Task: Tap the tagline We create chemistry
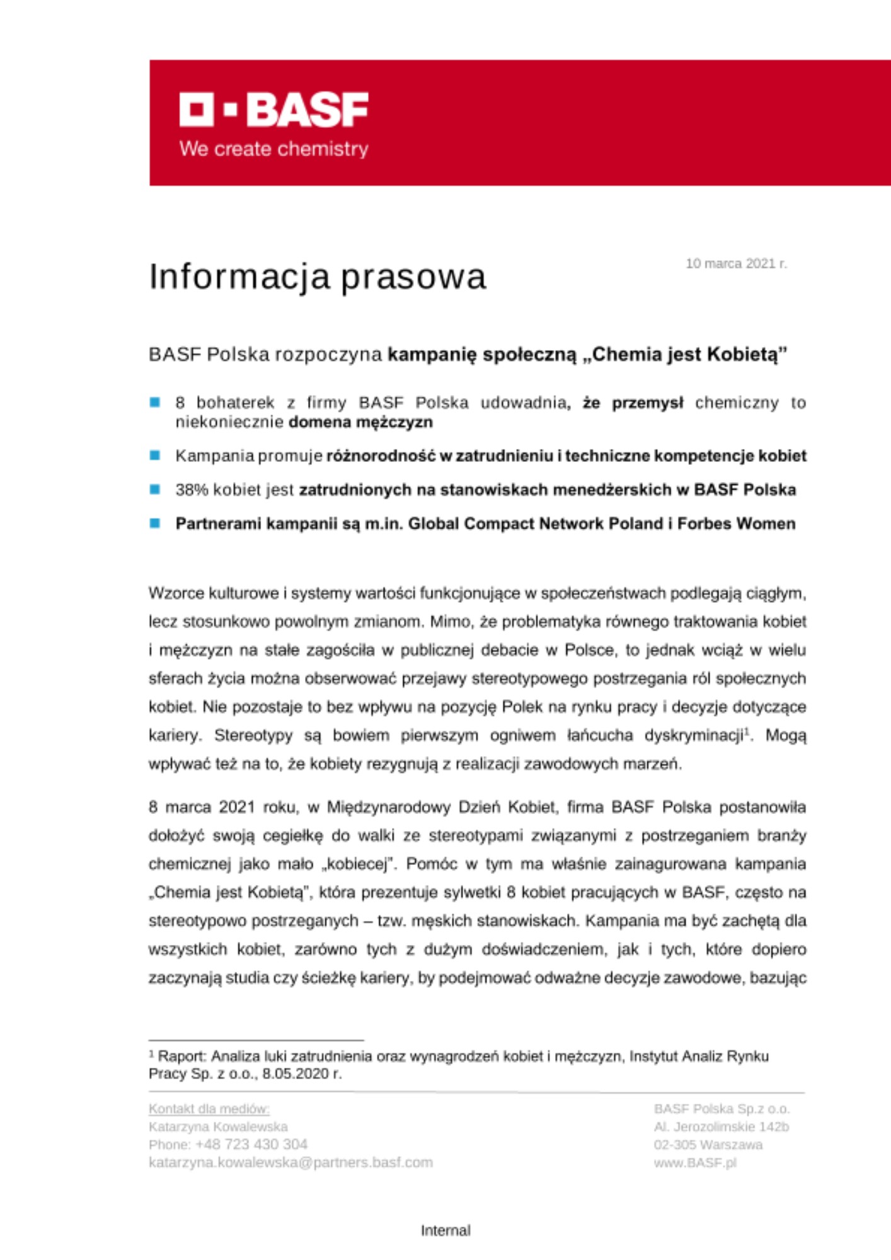pyautogui.click(x=274, y=149)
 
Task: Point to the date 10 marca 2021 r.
pyautogui.click(x=736, y=263)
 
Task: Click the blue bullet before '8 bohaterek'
pyautogui.click(x=155, y=403)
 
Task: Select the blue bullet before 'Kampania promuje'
pyautogui.click(x=155, y=455)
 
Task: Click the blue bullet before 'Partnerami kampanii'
pyautogui.click(x=155, y=523)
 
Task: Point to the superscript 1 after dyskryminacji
pyautogui.click(x=747, y=731)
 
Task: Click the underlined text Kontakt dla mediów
pyautogui.click(x=209, y=1109)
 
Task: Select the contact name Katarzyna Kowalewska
pyautogui.click(x=218, y=1126)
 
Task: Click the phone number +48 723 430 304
pyautogui.click(x=251, y=1144)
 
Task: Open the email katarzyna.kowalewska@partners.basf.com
pyautogui.click(x=290, y=1162)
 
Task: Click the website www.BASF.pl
pyautogui.click(x=694, y=1162)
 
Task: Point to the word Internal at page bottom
pyautogui.click(x=446, y=1230)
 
